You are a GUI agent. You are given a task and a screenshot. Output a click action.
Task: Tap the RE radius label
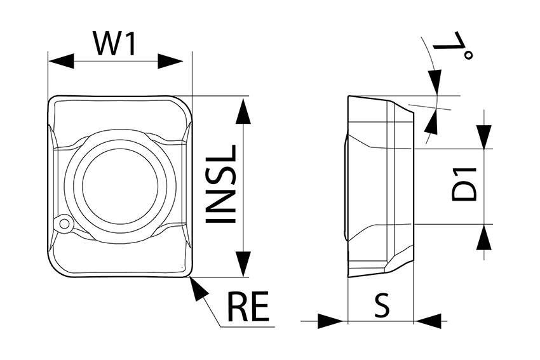click(x=248, y=307)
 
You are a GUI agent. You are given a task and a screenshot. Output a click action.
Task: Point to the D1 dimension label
click(x=464, y=184)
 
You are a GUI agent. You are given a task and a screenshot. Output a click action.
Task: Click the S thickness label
click(x=381, y=305)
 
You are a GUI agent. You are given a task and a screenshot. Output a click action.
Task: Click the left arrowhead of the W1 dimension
click(x=61, y=62)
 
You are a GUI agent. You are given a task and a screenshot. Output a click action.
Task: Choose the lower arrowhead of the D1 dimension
click(x=485, y=237)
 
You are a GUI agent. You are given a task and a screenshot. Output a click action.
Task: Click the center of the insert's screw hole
click(x=119, y=185)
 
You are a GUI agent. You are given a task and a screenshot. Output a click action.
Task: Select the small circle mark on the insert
click(x=64, y=224)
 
